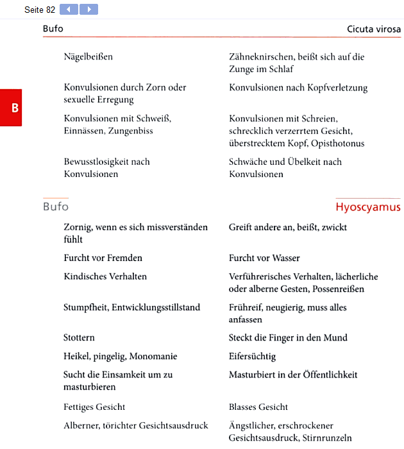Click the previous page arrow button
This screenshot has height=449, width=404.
(x=69, y=10)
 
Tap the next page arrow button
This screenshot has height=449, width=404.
(x=88, y=10)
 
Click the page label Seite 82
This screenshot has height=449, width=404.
(x=40, y=10)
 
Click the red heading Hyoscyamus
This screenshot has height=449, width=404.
(x=367, y=207)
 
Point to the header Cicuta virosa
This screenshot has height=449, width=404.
(x=374, y=29)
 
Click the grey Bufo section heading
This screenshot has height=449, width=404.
(x=56, y=207)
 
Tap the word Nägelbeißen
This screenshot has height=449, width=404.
(x=88, y=56)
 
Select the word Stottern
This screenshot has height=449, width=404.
(x=79, y=337)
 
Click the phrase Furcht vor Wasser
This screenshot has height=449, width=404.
(x=264, y=258)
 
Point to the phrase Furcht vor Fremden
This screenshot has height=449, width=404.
(x=103, y=258)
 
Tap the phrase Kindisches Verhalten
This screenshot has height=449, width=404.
(x=105, y=276)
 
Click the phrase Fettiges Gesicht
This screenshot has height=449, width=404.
(x=94, y=407)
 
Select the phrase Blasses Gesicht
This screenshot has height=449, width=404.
(x=258, y=407)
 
